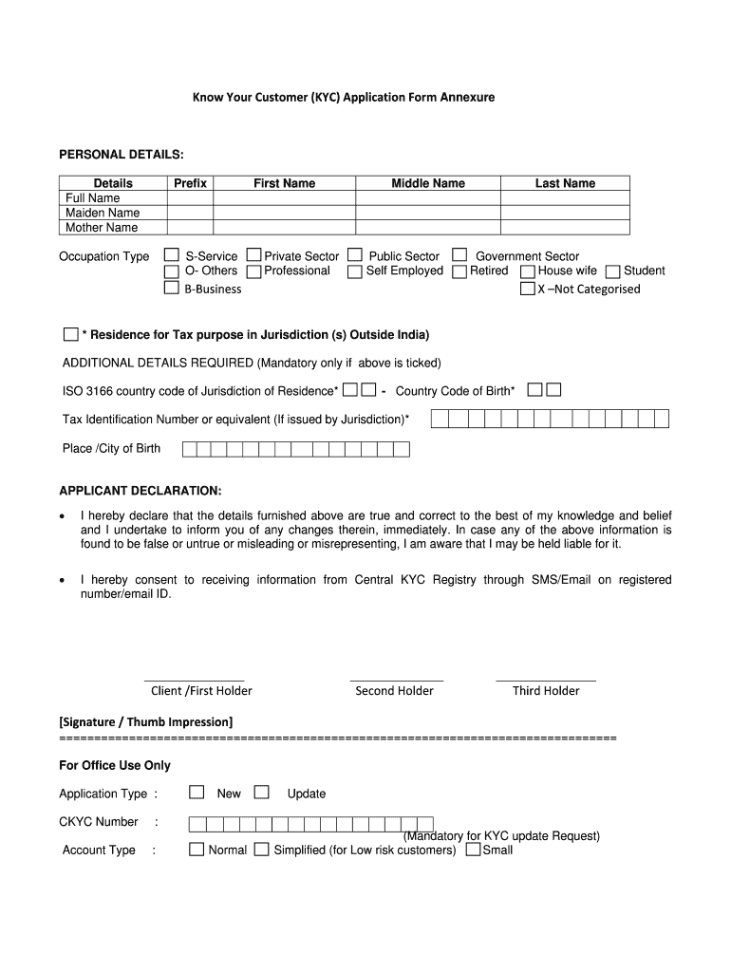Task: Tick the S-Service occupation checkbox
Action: click(172, 255)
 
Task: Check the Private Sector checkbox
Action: click(253, 255)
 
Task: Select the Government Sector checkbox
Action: click(459, 255)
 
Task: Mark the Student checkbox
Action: click(612, 271)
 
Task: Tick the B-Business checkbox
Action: click(172, 289)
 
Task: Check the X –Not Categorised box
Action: click(527, 289)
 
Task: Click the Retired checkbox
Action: click(459, 271)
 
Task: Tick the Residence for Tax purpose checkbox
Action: click(70, 334)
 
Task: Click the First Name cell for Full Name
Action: click(284, 197)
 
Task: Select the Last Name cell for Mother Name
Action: click(565, 227)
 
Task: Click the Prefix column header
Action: click(190, 183)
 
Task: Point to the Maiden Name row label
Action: click(103, 213)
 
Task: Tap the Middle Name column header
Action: click(428, 183)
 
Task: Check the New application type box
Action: click(197, 793)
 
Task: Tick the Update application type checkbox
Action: click(262, 793)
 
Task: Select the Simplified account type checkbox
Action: click(262, 850)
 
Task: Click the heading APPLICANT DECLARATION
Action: click(141, 491)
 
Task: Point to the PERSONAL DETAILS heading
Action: click(122, 154)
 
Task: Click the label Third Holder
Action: click(546, 691)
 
